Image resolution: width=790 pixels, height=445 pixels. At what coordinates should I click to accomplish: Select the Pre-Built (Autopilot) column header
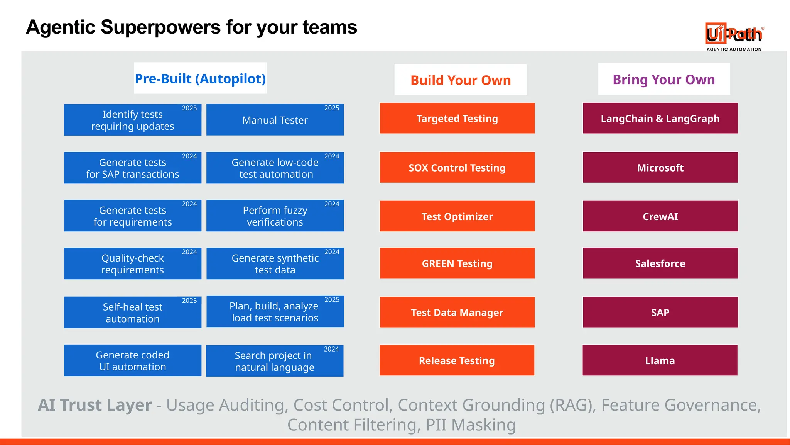(200, 78)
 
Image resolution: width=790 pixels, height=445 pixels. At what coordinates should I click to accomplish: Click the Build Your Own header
(461, 80)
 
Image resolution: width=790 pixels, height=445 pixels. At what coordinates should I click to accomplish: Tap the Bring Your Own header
(663, 79)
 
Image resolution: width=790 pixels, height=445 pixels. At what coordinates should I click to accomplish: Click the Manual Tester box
(275, 120)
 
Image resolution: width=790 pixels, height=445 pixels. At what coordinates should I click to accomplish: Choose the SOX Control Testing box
(457, 168)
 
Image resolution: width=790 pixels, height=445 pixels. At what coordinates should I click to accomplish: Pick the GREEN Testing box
(457, 263)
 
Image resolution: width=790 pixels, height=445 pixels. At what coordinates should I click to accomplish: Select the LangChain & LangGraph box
(660, 118)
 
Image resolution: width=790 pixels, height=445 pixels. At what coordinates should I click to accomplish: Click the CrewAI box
(660, 216)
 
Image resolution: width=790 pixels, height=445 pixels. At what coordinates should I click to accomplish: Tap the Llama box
(660, 360)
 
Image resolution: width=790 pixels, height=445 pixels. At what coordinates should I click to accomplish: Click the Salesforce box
(660, 263)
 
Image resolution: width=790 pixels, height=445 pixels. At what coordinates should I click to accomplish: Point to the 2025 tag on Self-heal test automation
(189, 301)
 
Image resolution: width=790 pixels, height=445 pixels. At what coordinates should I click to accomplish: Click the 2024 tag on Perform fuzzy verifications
(332, 204)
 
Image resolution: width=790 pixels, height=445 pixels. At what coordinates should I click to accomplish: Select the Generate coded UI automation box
(132, 360)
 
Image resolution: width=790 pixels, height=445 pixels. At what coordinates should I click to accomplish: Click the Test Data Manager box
(457, 312)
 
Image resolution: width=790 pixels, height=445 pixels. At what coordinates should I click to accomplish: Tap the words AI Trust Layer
(95, 405)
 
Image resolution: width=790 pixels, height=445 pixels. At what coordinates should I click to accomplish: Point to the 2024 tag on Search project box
(331, 349)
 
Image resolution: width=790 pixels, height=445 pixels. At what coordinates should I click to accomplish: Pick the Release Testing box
(457, 360)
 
